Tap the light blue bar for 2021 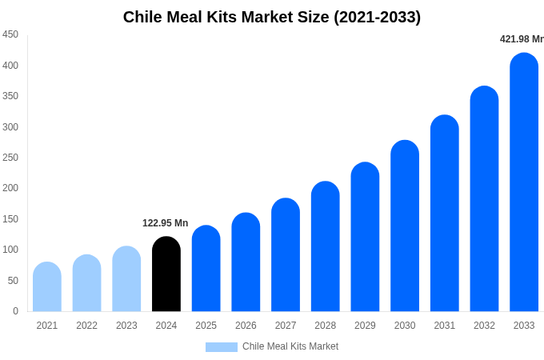(x=47, y=287)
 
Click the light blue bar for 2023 (x=126, y=279)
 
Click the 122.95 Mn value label (x=166, y=223)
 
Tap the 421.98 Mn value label (x=521, y=39)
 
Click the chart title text (x=272, y=17)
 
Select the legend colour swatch (x=222, y=346)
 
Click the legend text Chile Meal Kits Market (x=290, y=346)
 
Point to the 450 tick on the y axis (x=10, y=34)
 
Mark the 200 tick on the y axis (x=10, y=188)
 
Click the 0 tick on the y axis (x=15, y=311)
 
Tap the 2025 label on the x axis (x=206, y=326)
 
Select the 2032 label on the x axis (x=484, y=326)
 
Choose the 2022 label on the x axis (x=87, y=326)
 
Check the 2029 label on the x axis (x=365, y=326)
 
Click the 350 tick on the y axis (x=10, y=96)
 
